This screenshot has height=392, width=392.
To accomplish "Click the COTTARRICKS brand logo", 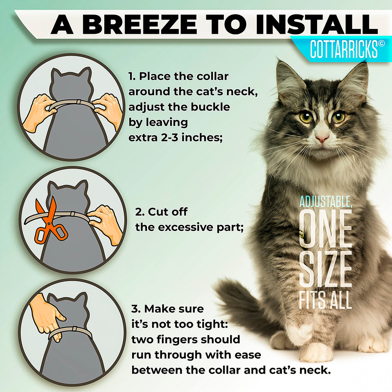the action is [x=344, y=49].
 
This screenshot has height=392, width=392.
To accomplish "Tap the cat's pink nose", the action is [x=322, y=138].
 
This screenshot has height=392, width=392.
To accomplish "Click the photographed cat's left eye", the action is [x=339, y=117].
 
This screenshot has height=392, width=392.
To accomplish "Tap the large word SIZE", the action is [x=325, y=269].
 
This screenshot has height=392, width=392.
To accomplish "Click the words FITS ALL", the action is [x=325, y=300].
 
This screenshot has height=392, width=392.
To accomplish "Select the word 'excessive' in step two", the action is [x=185, y=227].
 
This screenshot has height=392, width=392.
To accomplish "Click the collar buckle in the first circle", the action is [x=78, y=102].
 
